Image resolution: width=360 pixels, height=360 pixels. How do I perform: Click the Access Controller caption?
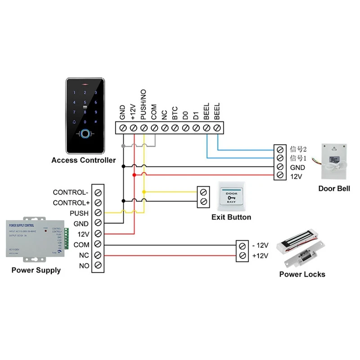click(83, 160)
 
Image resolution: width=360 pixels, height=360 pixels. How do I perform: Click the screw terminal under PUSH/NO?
click(144, 128)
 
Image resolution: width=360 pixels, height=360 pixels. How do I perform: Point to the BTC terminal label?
click(175, 113)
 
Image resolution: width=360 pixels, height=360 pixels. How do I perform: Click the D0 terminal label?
click(185, 116)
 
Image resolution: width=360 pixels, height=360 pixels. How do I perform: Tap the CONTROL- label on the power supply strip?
click(71, 193)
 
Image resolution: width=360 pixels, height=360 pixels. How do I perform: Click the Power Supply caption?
click(36, 270)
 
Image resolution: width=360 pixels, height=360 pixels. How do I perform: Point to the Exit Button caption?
click(231, 217)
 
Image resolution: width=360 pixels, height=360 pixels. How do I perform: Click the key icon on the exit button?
click(232, 197)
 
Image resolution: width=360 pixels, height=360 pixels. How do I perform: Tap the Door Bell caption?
click(334, 189)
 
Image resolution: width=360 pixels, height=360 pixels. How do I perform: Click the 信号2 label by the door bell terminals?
click(298, 149)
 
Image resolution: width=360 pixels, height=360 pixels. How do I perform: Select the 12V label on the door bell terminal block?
click(296, 176)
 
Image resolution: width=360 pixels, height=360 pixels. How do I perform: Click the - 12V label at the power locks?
click(261, 246)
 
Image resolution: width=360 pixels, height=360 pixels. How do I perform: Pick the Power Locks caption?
click(302, 274)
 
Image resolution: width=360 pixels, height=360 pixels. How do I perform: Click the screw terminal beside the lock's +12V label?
click(243, 256)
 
